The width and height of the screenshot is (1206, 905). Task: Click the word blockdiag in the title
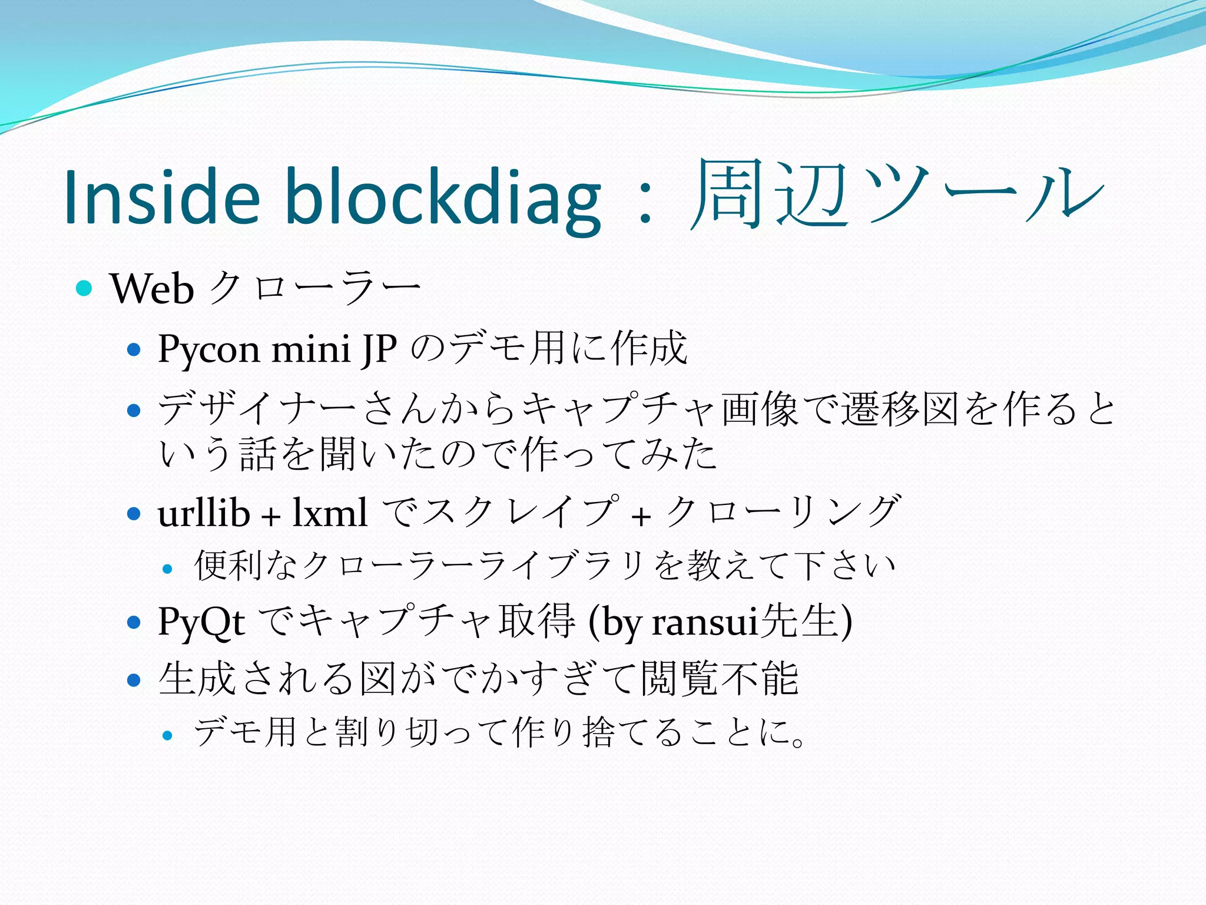(443, 197)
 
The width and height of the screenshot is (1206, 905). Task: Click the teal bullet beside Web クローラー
(85, 288)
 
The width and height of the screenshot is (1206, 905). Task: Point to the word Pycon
(209, 349)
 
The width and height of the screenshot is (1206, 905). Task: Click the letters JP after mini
(380, 349)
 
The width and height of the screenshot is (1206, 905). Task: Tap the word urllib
(204, 513)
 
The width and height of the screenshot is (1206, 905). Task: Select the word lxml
(330, 513)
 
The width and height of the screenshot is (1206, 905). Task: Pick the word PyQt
(201, 622)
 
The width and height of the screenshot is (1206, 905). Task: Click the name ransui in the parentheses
(704, 622)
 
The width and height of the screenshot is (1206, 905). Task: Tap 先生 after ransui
(799, 621)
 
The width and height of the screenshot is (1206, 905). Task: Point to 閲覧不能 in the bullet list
(720, 679)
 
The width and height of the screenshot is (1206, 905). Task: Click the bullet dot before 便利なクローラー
(168, 569)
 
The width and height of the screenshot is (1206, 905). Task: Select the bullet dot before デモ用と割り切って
(168, 735)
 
